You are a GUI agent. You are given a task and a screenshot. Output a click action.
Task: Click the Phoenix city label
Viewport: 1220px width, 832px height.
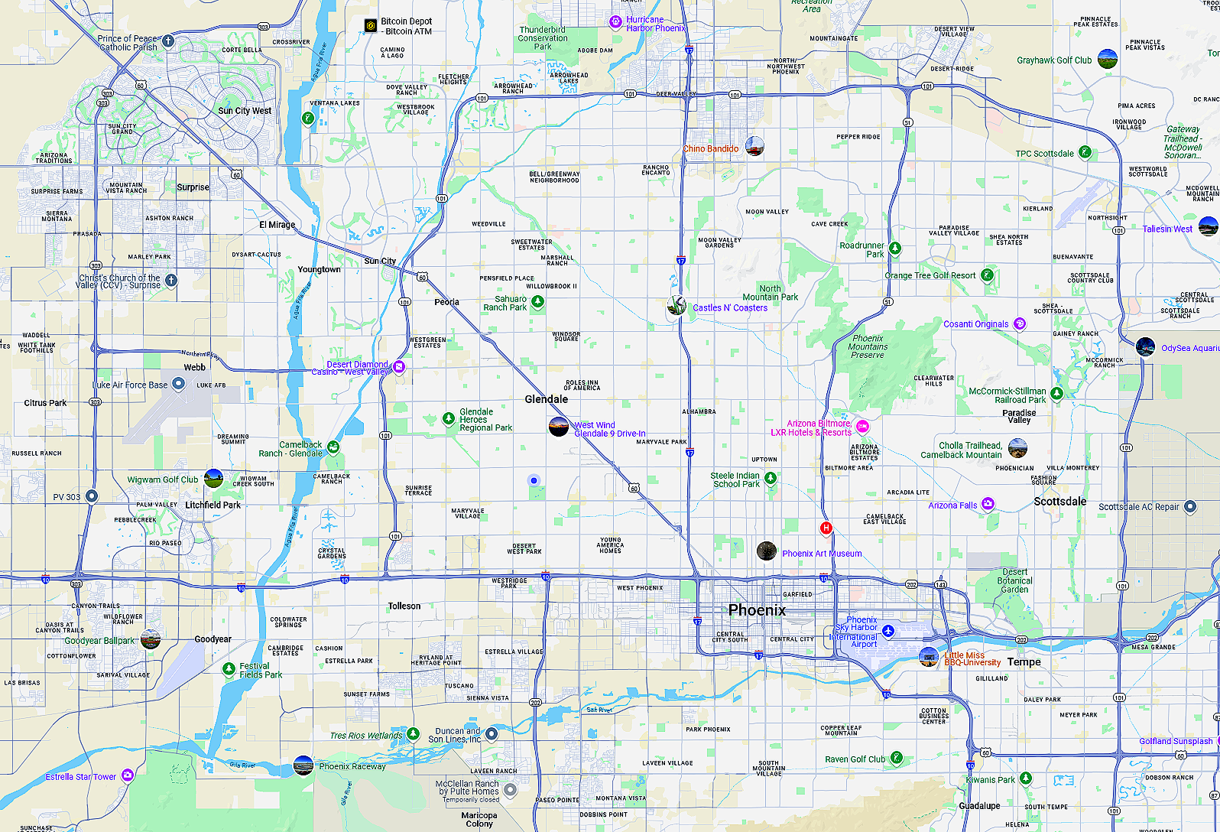(x=757, y=610)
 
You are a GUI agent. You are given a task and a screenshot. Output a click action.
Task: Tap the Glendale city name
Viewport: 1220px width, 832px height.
(x=546, y=399)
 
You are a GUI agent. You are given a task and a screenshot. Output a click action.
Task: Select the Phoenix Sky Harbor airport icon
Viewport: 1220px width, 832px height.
(x=887, y=631)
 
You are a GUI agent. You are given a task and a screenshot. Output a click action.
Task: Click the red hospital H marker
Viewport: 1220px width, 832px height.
(x=826, y=528)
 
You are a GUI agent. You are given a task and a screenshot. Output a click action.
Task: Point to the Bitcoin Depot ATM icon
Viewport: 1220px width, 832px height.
(x=370, y=25)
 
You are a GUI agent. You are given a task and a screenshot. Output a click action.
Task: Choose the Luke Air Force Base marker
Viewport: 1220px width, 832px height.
(x=178, y=384)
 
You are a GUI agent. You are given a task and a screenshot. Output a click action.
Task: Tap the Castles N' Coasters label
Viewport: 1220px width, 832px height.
(x=729, y=308)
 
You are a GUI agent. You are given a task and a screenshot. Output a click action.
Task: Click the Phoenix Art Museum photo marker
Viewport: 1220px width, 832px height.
(x=767, y=551)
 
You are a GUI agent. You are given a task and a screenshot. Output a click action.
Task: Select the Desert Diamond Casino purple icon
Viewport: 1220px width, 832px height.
(x=398, y=367)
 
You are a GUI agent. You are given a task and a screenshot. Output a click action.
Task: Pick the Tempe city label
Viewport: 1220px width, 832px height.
(x=1024, y=662)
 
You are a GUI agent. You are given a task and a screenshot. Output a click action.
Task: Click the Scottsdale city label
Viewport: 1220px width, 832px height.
(x=1059, y=502)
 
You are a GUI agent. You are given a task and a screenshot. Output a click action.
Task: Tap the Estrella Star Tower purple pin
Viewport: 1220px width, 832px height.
(x=128, y=775)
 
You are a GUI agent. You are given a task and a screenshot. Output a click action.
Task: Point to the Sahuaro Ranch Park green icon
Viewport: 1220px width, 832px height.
(x=537, y=302)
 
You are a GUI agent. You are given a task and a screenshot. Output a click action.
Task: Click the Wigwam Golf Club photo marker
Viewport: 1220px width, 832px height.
(x=213, y=479)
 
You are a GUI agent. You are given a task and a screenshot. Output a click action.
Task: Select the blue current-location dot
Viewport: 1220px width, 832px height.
(x=534, y=480)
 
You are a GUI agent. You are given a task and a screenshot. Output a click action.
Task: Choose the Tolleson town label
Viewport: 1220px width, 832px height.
(x=404, y=606)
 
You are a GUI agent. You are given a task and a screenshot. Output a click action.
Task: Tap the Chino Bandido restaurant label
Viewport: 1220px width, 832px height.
(x=710, y=149)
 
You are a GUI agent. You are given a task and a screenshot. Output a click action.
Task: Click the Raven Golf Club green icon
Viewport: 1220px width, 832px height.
(x=896, y=758)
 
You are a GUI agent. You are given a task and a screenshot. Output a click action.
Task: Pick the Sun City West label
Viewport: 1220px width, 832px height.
(x=245, y=111)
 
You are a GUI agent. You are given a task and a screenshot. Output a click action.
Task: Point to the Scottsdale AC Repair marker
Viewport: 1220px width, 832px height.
(x=1189, y=506)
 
